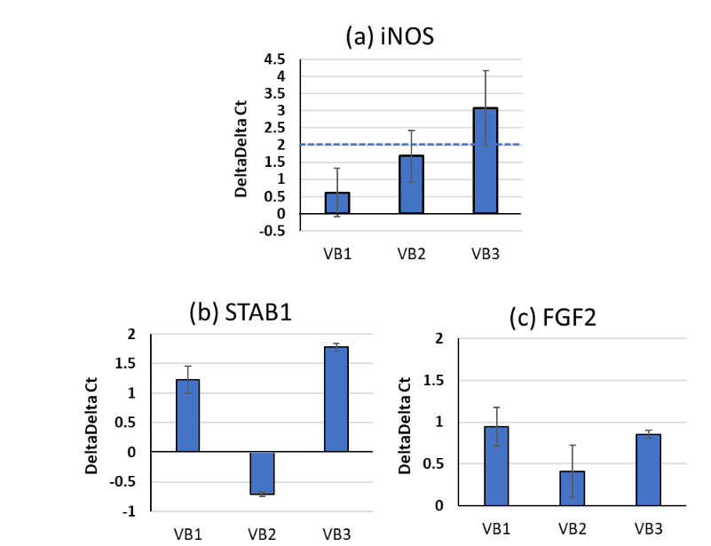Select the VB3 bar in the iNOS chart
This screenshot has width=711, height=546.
click(485, 161)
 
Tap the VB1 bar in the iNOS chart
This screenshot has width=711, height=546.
click(337, 203)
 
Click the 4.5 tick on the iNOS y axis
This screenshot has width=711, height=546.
click(274, 59)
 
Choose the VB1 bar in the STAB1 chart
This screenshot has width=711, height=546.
click(188, 415)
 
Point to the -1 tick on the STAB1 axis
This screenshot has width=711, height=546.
click(130, 512)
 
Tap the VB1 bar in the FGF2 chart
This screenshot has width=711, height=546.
click(496, 466)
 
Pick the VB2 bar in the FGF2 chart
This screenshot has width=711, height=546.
click(572, 488)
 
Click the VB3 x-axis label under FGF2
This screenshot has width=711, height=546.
click(647, 528)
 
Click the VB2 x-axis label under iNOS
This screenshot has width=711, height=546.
click(411, 253)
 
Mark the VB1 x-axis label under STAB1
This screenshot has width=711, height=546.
click(188, 534)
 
